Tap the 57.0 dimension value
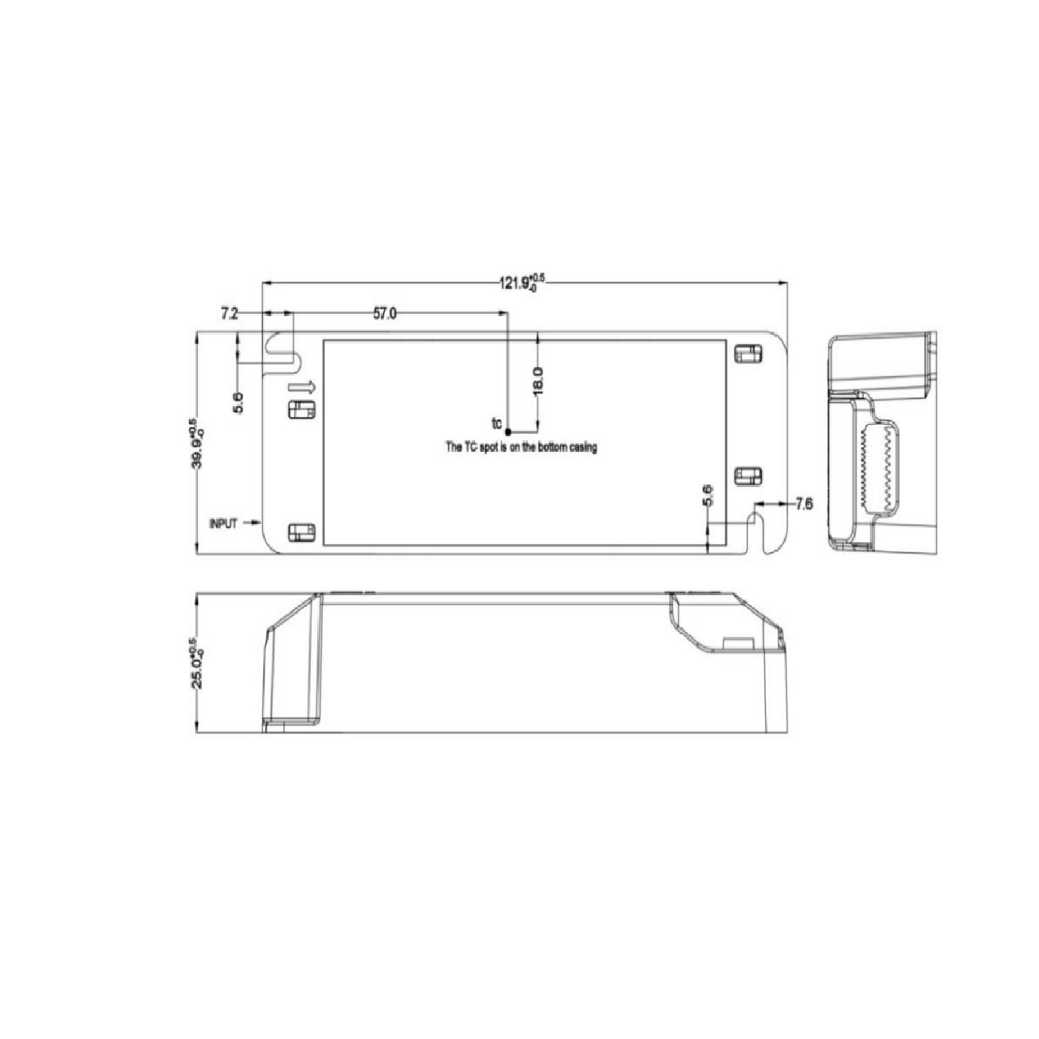[385, 314]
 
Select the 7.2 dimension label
[229, 314]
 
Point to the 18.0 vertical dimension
[538, 381]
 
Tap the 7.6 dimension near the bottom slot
[803, 504]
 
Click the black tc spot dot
[508, 431]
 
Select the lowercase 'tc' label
[496, 423]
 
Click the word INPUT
[223, 524]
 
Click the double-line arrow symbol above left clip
[302, 387]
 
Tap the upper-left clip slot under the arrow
[301, 409]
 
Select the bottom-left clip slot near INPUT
[301, 532]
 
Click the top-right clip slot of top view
[747, 353]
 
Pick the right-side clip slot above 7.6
[747, 476]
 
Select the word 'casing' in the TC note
[581, 447]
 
